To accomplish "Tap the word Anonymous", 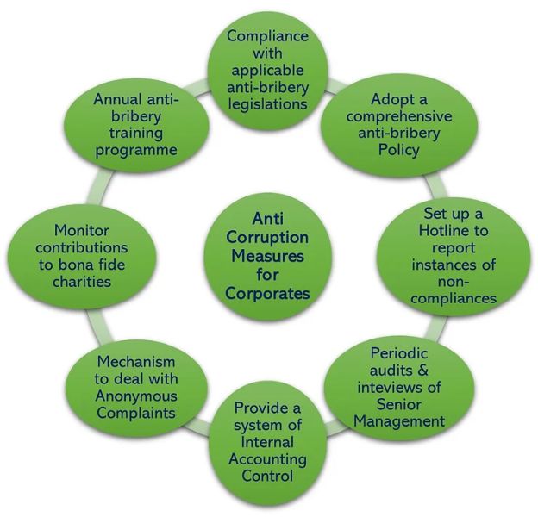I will [136, 396].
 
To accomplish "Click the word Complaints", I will [136, 413].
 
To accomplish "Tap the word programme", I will [136, 149].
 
